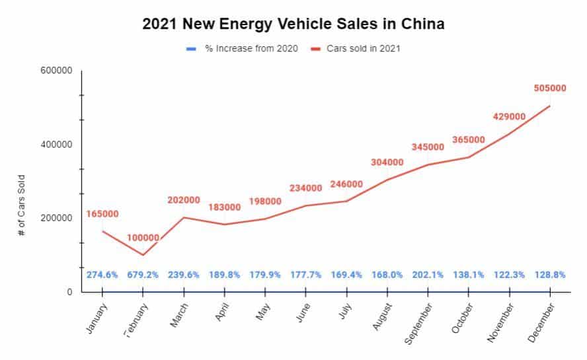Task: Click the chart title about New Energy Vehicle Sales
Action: tap(293, 24)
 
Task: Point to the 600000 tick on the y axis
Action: tap(58, 71)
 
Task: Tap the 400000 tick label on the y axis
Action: tap(58, 145)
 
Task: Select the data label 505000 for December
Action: tap(549, 89)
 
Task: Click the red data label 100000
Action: tap(143, 238)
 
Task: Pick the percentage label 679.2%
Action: tap(143, 275)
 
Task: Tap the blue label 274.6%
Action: tap(102, 275)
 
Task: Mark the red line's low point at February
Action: tap(143, 255)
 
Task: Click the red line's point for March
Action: tap(184, 217)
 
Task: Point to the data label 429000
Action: tap(509, 116)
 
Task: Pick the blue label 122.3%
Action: tap(509, 275)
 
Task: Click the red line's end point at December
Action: tap(549, 106)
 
